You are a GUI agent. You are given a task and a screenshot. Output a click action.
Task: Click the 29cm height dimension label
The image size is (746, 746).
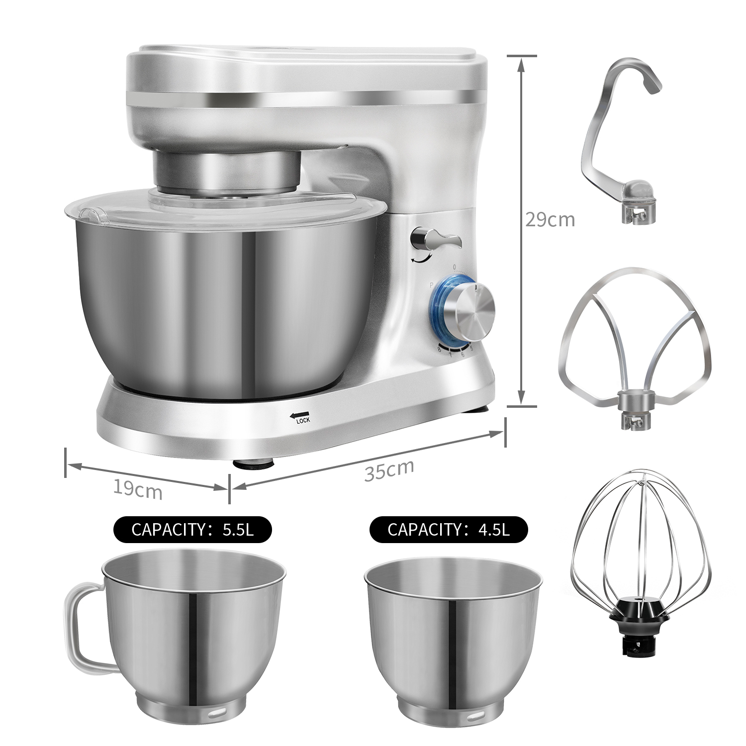click(550, 219)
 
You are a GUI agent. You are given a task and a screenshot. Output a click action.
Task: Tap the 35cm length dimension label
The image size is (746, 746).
click(389, 470)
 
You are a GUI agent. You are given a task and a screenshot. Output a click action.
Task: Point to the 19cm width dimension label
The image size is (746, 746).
click(138, 489)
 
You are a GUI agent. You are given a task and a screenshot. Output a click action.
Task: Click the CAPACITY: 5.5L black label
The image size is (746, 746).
click(192, 529)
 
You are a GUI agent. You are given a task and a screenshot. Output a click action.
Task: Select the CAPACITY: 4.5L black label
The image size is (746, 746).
click(449, 529)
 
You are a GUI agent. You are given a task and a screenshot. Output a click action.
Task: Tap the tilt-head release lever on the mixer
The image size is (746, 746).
click(436, 239)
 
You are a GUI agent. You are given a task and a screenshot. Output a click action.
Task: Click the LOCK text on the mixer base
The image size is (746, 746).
click(303, 421)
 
